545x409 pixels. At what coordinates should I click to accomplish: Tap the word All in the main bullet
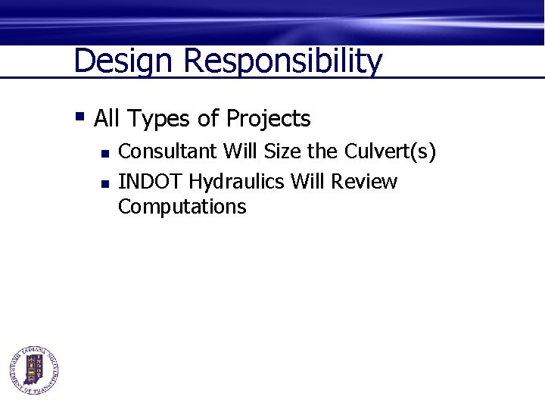[107, 119]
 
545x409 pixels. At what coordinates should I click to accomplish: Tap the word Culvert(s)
[390, 151]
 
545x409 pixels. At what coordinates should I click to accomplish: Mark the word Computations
[182, 207]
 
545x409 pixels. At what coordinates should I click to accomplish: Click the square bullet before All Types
[79, 117]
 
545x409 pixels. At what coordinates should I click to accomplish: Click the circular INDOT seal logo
[34, 370]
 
